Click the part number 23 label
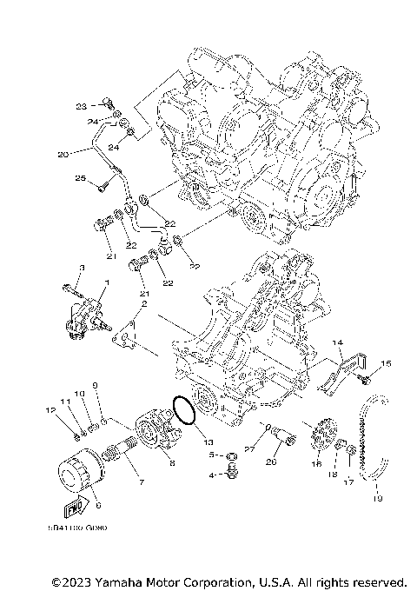point(81,107)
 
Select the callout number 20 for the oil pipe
point(63,155)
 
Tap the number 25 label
point(79,179)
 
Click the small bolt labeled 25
point(103,183)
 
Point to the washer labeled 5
point(232,455)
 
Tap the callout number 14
point(338,343)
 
